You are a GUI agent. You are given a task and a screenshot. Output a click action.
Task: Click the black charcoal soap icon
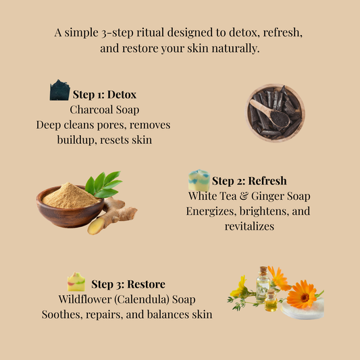coord(59,91)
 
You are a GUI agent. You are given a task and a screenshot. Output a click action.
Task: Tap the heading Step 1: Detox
coord(105,94)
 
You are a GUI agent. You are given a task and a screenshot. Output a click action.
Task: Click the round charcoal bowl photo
coord(275,113)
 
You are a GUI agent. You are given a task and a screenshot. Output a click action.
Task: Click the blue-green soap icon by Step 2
coord(199,180)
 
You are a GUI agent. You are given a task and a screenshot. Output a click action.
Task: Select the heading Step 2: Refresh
coord(249,181)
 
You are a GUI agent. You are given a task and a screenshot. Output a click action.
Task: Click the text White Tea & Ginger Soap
coord(249,196)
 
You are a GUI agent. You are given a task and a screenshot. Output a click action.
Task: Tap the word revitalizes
coord(249,226)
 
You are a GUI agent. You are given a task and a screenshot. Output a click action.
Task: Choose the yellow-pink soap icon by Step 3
coord(76,282)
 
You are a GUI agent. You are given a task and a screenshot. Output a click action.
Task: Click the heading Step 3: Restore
coord(128,284)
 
